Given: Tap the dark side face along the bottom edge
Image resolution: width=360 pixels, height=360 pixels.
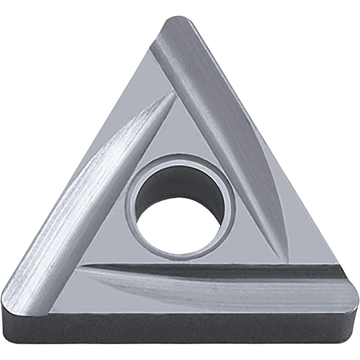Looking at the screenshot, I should click(180, 329).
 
